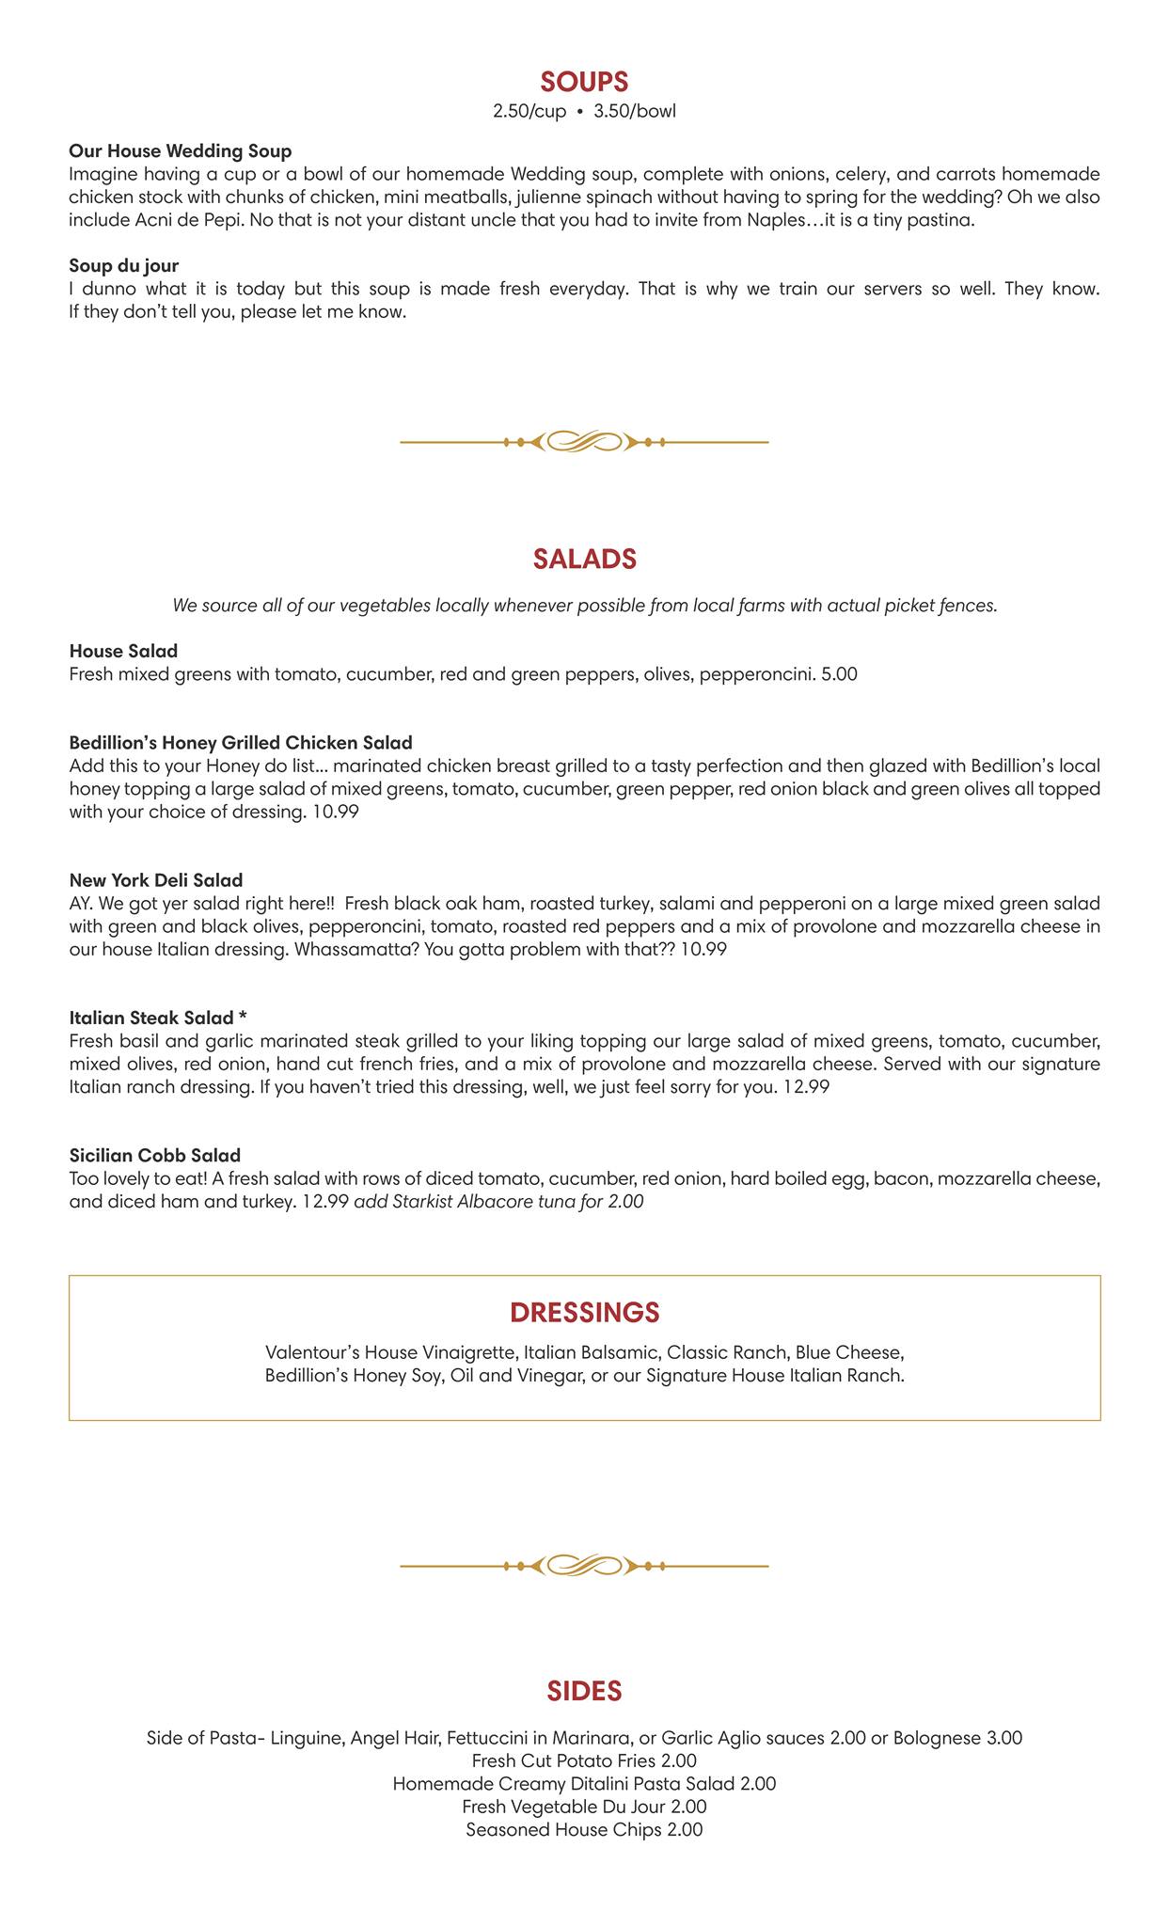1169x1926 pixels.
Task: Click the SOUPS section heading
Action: [584, 82]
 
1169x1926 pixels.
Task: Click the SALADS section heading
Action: [584, 559]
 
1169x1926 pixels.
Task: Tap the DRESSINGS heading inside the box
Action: [584, 1312]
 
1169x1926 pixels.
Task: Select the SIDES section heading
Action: [584, 1691]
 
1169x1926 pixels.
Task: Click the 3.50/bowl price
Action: [635, 112]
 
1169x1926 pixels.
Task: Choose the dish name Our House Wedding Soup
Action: [181, 151]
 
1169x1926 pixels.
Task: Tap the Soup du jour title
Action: [124, 266]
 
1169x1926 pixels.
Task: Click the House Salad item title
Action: [123, 651]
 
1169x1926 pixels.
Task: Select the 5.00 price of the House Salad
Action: [839, 674]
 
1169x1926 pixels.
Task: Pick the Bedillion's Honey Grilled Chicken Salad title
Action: [241, 743]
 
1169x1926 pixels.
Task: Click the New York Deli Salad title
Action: [156, 880]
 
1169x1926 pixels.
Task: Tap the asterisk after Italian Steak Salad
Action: [243, 1018]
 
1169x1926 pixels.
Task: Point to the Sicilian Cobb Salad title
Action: [155, 1155]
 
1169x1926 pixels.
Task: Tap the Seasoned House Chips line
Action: [584, 1829]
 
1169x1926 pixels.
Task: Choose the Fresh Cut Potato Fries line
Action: [584, 1760]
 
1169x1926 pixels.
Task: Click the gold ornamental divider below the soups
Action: [584, 441]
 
